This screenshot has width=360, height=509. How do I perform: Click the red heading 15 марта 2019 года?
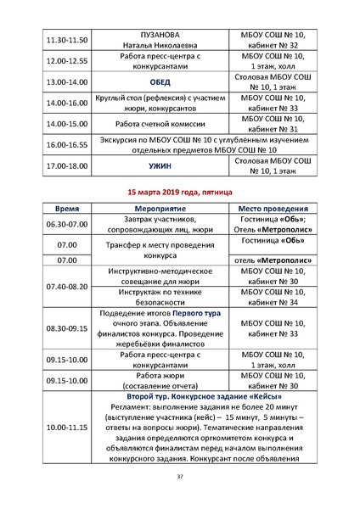click(179, 193)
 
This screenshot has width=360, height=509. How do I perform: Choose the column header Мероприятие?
click(160, 208)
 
